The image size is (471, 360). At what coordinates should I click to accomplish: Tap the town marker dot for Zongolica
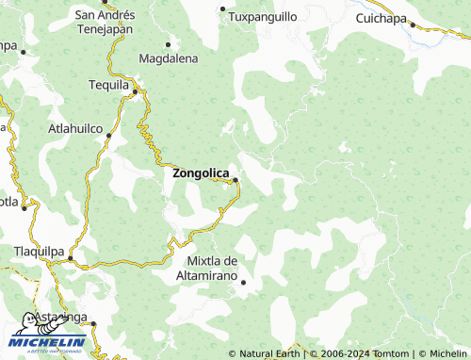pyautogui.click(x=235, y=180)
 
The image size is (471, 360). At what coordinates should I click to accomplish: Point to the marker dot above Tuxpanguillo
pyautogui.click(x=223, y=8)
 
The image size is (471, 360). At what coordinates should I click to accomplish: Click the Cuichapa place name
pyautogui.click(x=382, y=18)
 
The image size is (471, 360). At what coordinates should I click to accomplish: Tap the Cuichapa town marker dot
pyautogui.click(x=413, y=25)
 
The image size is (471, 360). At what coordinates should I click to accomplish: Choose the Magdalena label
pyautogui.click(x=169, y=58)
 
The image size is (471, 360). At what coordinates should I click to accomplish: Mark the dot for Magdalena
pyautogui.click(x=169, y=44)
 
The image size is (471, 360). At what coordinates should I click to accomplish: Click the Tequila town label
pyautogui.click(x=108, y=85)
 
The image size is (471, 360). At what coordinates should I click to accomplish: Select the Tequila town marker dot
pyautogui.click(x=135, y=91)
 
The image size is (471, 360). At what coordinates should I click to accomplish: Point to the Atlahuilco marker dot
pyautogui.click(x=109, y=136)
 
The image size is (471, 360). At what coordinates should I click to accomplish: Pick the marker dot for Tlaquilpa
pyautogui.click(x=70, y=257)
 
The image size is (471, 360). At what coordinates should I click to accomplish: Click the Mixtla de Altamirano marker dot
pyautogui.click(x=243, y=282)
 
